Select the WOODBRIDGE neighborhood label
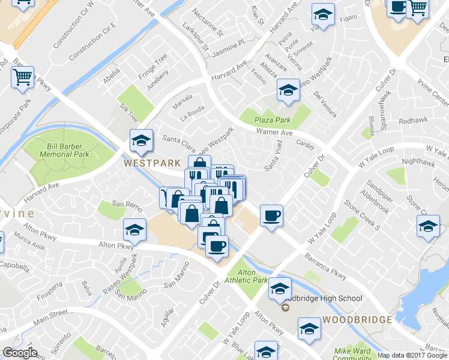pos(357,319)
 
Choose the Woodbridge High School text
pos(324,298)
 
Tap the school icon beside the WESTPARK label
pos(141,141)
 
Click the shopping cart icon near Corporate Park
pos(22,76)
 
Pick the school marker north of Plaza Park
pos(288,90)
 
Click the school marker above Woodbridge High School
pos(279,289)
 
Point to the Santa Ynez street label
pos(274,154)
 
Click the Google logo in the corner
pos(20,353)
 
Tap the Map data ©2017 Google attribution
pos(413,355)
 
